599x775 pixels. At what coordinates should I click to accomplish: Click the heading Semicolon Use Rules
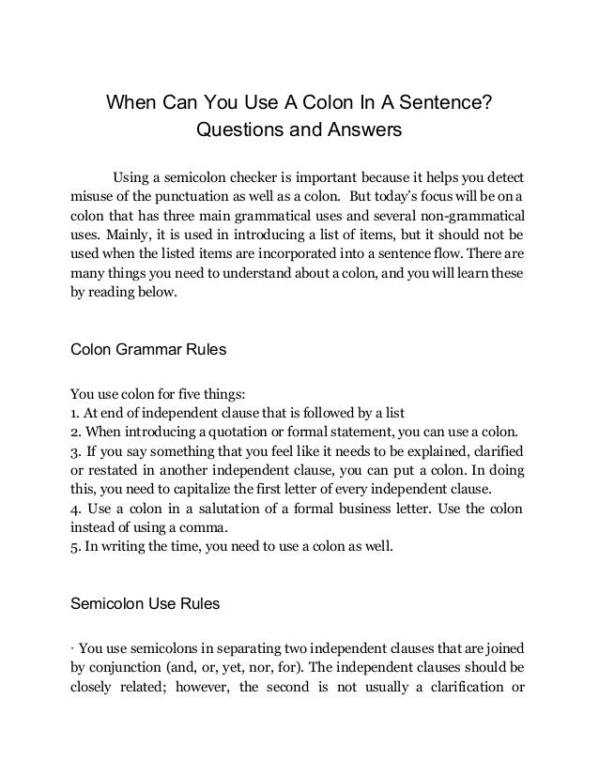pos(146,605)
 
